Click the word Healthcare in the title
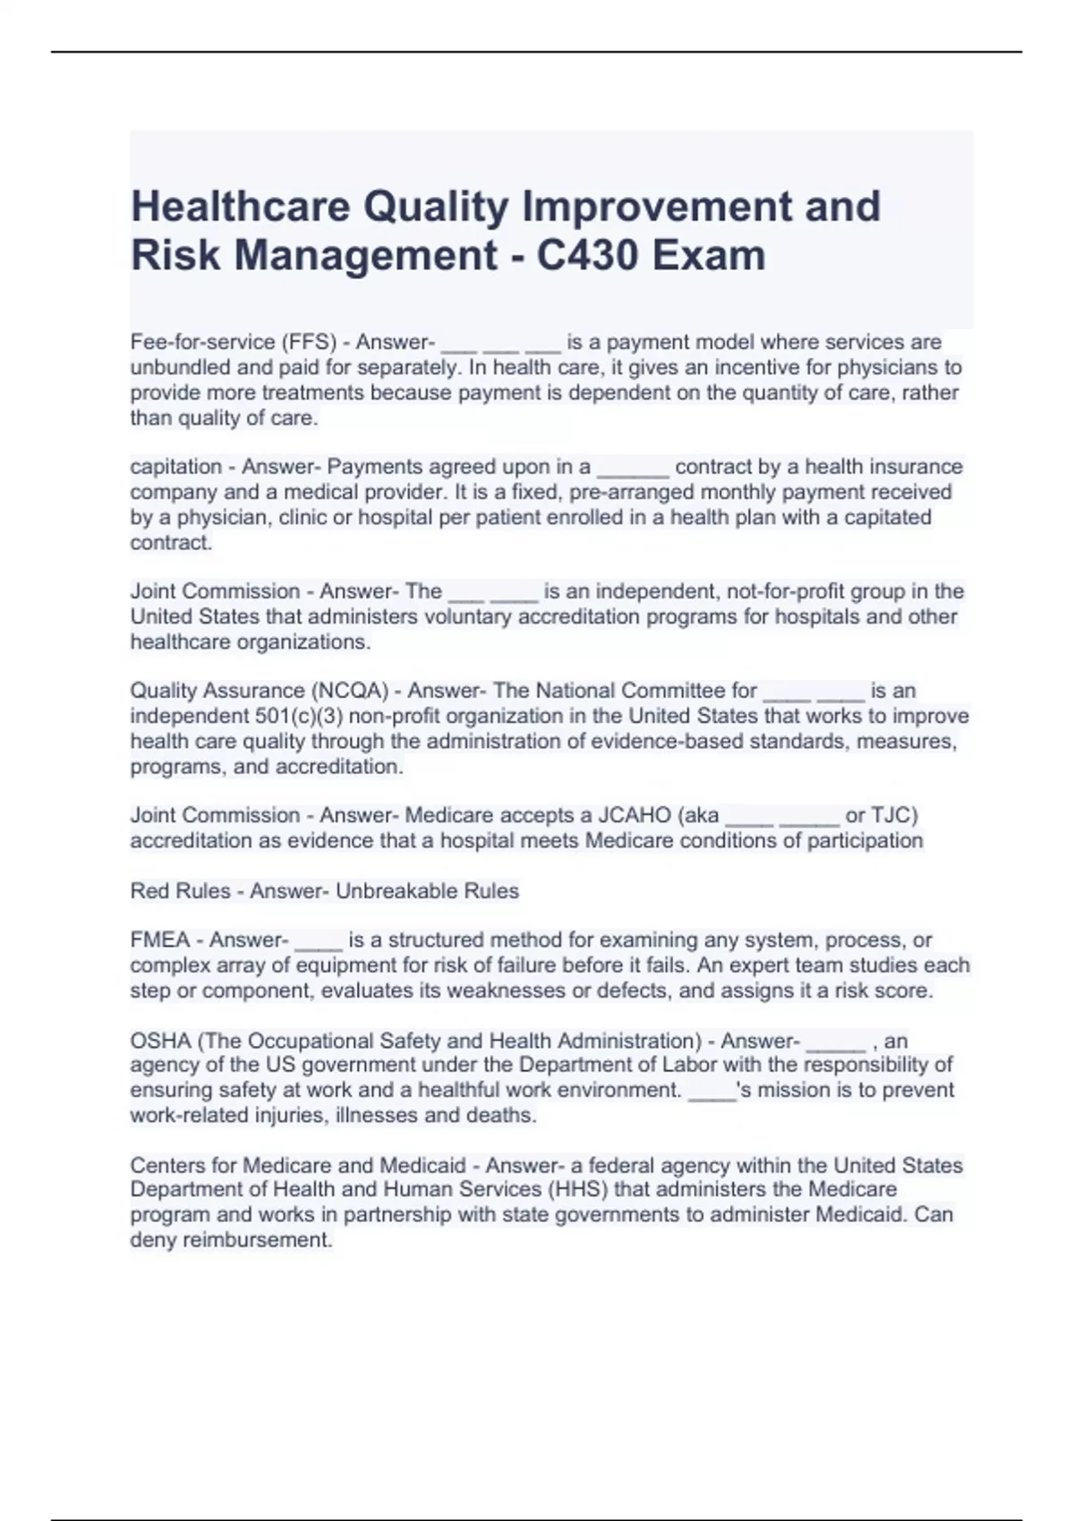(239, 208)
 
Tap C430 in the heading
(585, 256)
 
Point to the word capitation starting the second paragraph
(175, 467)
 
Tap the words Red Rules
(180, 891)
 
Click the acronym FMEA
(160, 940)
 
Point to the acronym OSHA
(161, 1041)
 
